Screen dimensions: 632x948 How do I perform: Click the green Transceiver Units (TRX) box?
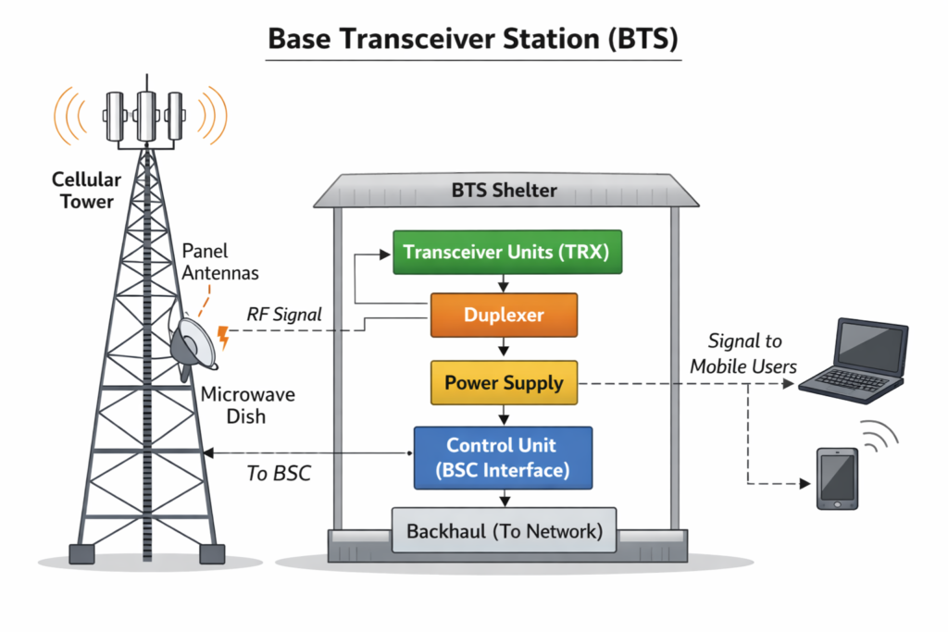click(505, 253)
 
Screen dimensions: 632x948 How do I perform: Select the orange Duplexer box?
click(504, 315)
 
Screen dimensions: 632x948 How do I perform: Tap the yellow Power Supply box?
click(504, 382)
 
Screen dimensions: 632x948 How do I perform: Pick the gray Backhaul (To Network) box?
click(505, 531)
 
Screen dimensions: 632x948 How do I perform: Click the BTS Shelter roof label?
click(505, 192)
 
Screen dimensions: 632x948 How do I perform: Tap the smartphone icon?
click(837, 477)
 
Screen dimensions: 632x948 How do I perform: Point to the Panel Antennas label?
click(219, 261)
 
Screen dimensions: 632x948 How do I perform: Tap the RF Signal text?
click(284, 315)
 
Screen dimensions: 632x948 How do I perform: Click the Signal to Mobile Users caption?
click(743, 354)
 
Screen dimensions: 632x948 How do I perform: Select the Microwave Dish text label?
click(247, 405)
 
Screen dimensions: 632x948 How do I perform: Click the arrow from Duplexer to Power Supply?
click(504, 348)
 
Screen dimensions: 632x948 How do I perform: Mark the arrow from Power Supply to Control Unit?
click(504, 415)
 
